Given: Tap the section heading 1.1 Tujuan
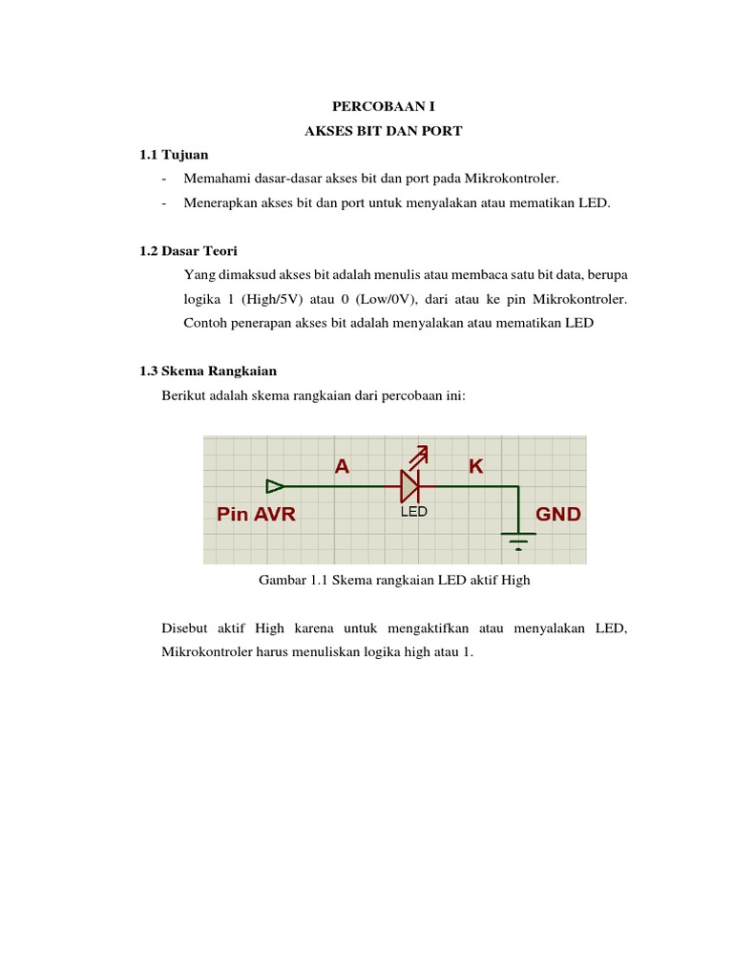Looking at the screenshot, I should [174, 154].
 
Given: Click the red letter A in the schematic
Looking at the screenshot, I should [342, 466].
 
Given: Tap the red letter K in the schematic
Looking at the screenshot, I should [474, 466].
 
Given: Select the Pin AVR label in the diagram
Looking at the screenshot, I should [257, 514].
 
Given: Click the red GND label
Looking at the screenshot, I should [558, 514].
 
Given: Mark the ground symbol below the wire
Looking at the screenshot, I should [518, 540].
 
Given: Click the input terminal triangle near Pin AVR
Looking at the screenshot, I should [274, 485].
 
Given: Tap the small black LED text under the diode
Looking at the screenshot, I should [412, 512].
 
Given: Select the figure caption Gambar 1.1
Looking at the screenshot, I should [394, 580].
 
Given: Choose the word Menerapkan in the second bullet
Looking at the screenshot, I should [221, 202].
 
